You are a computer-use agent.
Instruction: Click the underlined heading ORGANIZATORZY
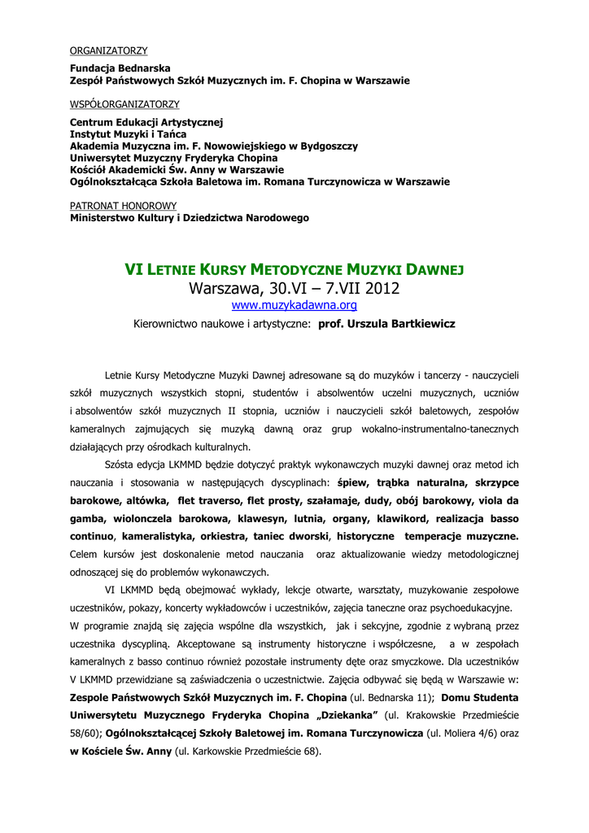pyautogui.click(x=108, y=50)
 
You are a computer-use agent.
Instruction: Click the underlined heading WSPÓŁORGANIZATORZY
pyautogui.click(x=124, y=104)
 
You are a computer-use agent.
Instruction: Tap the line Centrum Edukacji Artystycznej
pyautogui.click(x=146, y=122)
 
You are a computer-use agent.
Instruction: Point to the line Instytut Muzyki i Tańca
pyautogui.click(x=128, y=133)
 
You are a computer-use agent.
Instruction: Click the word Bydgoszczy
pyautogui.click(x=323, y=146)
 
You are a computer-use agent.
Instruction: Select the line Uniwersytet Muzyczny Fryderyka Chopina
pyautogui.click(x=173, y=158)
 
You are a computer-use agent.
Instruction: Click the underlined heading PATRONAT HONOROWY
pyautogui.click(x=123, y=206)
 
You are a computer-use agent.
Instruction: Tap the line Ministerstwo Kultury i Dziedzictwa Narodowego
pyautogui.click(x=189, y=218)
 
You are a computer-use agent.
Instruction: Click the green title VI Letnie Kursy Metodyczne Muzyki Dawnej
pyautogui.click(x=294, y=269)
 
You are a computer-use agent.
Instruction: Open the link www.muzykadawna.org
pyautogui.click(x=294, y=305)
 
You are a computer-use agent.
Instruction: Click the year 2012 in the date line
pyautogui.click(x=382, y=288)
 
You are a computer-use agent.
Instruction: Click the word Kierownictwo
pyautogui.click(x=167, y=324)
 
